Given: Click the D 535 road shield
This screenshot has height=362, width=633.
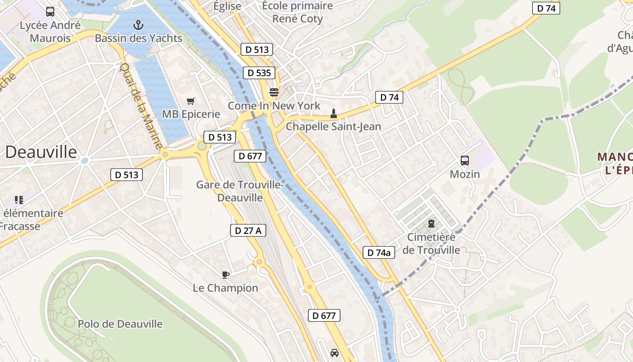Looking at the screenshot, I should pyautogui.click(x=260, y=73).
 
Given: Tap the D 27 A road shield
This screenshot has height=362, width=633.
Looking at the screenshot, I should pyautogui.click(x=248, y=230).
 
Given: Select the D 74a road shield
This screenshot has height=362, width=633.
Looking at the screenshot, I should pyautogui.click(x=379, y=252).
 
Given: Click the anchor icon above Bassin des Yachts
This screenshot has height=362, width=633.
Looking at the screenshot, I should pyautogui.click(x=138, y=25).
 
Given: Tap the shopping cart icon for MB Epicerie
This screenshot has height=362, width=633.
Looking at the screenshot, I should pyautogui.click(x=191, y=101).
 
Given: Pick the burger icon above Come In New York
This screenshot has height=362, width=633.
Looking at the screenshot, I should pyautogui.click(x=274, y=92).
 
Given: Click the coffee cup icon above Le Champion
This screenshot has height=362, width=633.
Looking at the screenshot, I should pyautogui.click(x=226, y=275).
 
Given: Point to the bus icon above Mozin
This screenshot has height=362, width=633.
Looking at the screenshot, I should pyautogui.click(x=464, y=161).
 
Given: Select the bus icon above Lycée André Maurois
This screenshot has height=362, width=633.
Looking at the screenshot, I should pyautogui.click(x=50, y=12).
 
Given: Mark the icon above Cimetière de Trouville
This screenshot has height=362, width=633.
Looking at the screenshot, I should pyautogui.click(x=431, y=224).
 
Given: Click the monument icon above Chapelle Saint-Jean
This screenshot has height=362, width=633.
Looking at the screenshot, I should pyautogui.click(x=334, y=113).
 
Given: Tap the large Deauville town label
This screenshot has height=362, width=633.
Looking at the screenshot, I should pyautogui.click(x=41, y=152).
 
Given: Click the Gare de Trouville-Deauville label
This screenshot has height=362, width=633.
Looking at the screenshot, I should pyautogui.click(x=240, y=191).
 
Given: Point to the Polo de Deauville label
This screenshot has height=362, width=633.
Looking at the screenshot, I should pyautogui.click(x=120, y=324).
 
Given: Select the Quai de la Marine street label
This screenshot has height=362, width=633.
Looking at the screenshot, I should pyautogui.click(x=140, y=106).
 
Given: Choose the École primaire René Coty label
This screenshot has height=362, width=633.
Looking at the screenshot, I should pyautogui.click(x=298, y=13).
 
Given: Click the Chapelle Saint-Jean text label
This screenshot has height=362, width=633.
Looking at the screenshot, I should pyautogui.click(x=334, y=127).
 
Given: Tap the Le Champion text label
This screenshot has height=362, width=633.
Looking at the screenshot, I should pyautogui.click(x=226, y=288).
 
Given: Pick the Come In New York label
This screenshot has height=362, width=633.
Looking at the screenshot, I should pyautogui.click(x=274, y=106).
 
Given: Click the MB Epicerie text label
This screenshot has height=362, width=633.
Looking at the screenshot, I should pyautogui.click(x=191, y=114).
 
